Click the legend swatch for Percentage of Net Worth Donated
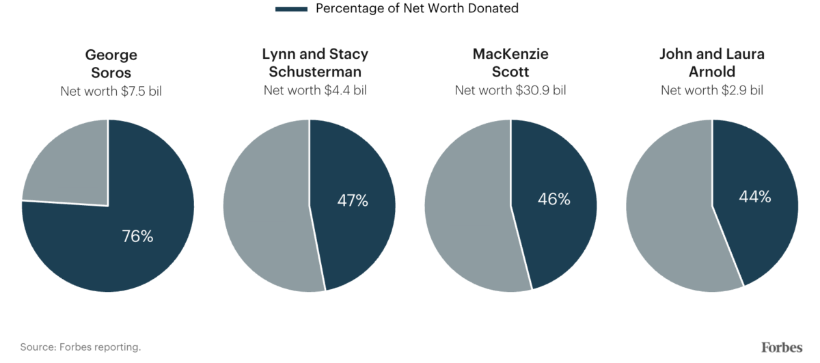[290, 9]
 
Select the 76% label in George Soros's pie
[137, 237]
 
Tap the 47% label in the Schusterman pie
[353, 200]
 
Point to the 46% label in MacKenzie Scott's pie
[554, 199]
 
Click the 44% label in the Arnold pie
[755, 197]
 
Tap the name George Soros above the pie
[111, 63]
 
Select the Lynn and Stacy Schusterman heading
[315, 63]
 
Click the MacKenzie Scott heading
[510, 63]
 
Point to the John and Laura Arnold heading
[712, 63]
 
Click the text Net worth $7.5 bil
[111, 91]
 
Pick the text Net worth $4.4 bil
[315, 90]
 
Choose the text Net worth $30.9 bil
[510, 90]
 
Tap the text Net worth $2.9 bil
[712, 90]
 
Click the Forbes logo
[782, 347]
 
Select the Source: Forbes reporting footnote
[81, 347]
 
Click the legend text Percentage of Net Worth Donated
[417, 9]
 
